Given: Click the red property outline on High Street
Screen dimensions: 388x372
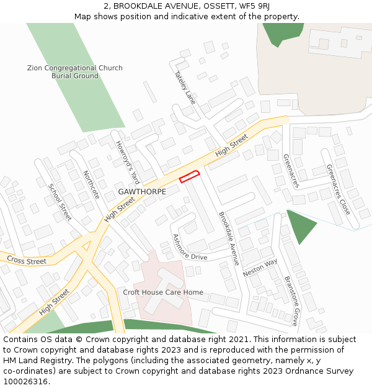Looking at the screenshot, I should [x=190, y=176].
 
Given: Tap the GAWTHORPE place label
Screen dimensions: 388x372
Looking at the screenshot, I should [x=142, y=192].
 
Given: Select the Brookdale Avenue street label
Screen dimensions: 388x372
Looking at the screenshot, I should [x=229, y=239].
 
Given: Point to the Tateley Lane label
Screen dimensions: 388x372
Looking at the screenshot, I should [x=185, y=86].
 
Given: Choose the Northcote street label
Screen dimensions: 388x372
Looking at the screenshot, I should [x=91, y=184].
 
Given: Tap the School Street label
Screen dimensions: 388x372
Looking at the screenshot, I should [x=60, y=202].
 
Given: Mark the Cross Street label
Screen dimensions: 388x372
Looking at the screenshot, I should [x=27, y=261].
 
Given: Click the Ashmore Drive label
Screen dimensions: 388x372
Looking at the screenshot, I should [x=189, y=247].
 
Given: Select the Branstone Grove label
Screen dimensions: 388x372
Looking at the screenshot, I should [x=291, y=301].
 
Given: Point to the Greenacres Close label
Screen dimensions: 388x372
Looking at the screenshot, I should [x=339, y=189].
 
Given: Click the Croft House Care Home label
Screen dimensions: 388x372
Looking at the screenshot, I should [x=163, y=292].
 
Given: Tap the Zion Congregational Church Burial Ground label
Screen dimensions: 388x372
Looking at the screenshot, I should [x=75, y=72].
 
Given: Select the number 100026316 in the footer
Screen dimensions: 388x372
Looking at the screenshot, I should [x=26, y=381].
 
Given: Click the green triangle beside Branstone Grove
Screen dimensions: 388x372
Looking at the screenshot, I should [x=299, y=225].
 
